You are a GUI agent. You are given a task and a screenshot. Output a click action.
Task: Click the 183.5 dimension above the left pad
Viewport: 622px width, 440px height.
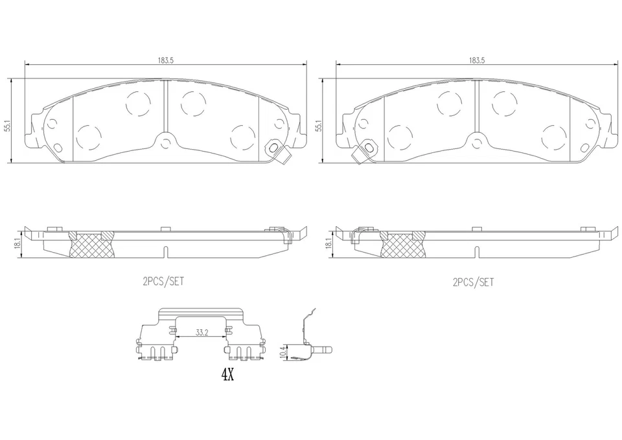click(165, 60)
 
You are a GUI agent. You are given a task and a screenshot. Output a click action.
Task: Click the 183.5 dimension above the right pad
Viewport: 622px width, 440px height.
click(476, 60)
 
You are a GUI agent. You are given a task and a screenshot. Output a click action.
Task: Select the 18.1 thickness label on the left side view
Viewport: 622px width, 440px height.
click(18, 243)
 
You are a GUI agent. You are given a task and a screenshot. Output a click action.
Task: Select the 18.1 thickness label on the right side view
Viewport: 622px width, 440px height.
click(329, 243)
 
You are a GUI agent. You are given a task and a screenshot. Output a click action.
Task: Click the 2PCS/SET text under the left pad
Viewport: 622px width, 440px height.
click(163, 282)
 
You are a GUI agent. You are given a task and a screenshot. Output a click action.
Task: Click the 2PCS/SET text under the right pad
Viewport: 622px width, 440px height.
click(474, 282)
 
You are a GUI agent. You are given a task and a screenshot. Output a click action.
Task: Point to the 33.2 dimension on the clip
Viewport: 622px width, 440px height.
click(202, 333)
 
